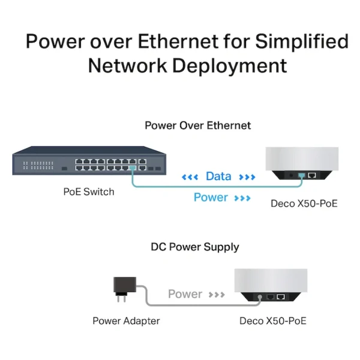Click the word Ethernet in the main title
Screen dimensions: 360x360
pyautogui.click(x=178, y=41)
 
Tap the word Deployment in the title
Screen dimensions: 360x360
pyautogui.click(x=230, y=65)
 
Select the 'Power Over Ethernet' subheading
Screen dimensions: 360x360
pyautogui.click(x=197, y=125)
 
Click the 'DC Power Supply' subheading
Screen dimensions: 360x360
pyautogui.click(x=195, y=247)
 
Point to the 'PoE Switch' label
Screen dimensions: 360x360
pyautogui.click(x=89, y=192)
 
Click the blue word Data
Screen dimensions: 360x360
pyautogui.click(x=218, y=176)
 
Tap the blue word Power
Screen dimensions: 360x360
pyautogui.click(x=211, y=197)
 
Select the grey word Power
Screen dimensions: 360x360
pyautogui.click(x=185, y=294)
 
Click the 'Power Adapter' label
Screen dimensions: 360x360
pyautogui.click(x=126, y=321)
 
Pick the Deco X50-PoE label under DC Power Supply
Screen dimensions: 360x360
pyautogui.click(x=273, y=321)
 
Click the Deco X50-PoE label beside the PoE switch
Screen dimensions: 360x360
pyautogui.click(x=304, y=203)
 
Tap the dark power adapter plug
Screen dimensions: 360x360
pyautogui.click(x=124, y=289)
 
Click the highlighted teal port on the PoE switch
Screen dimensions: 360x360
pyautogui.click(x=133, y=168)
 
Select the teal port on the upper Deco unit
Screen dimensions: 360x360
pyautogui.click(x=301, y=176)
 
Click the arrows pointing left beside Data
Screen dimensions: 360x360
pyautogui.click(x=190, y=177)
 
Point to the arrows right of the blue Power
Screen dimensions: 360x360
pyautogui.click(x=242, y=198)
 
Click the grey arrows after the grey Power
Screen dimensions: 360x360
pyautogui.click(x=217, y=295)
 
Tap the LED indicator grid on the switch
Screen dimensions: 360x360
pyautogui.click(x=38, y=166)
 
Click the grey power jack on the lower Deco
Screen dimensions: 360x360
pyautogui.click(x=260, y=297)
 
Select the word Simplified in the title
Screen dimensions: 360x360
pyautogui.click(x=302, y=41)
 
